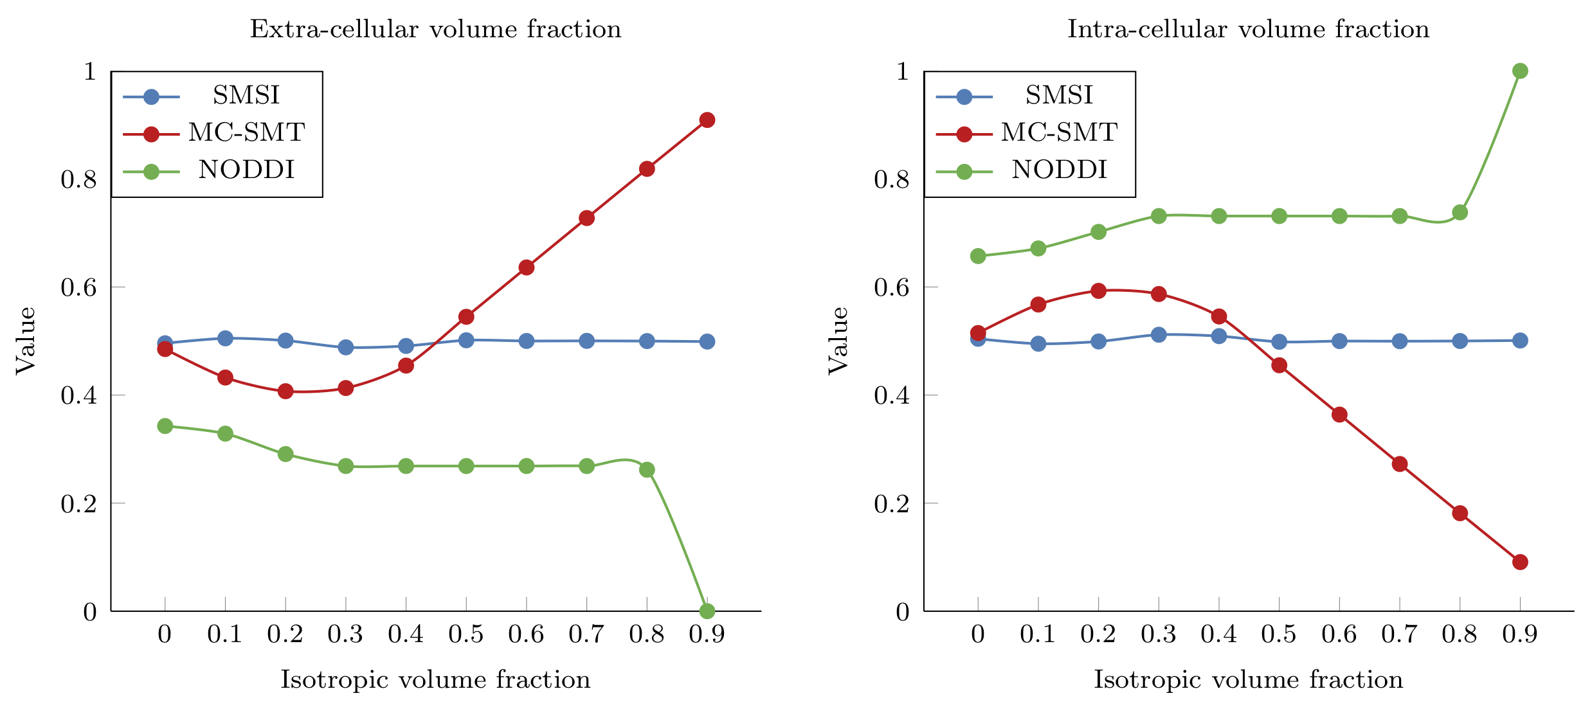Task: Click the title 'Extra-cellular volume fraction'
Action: tap(435, 30)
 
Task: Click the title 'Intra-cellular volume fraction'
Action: tap(1248, 30)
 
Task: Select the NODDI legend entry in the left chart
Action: tap(246, 170)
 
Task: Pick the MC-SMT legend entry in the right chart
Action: tap(1059, 133)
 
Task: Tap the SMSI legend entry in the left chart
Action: tap(246, 96)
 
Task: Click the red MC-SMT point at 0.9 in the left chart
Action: tap(707, 120)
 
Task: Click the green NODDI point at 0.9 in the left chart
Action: tap(707, 611)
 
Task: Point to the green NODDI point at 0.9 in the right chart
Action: tap(1520, 71)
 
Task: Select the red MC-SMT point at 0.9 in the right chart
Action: tap(1520, 562)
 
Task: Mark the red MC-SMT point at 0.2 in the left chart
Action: tap(285, 391)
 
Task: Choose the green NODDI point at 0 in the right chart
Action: tap(978, 256)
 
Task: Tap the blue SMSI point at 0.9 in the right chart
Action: tap(1520, 341)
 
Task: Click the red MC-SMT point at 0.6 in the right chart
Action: tap(1339, 415)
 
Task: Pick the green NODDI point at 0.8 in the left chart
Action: tap(647, 469)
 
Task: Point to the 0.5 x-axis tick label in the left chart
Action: tap(466, 635)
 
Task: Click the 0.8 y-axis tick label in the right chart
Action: tap(891, 179)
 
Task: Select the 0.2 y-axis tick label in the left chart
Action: tap(78, 504)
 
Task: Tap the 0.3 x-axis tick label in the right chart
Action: tap(1158, 635)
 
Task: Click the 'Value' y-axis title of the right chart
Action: tap(838, 341)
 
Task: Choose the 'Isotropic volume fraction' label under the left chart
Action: tap(435, 680)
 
